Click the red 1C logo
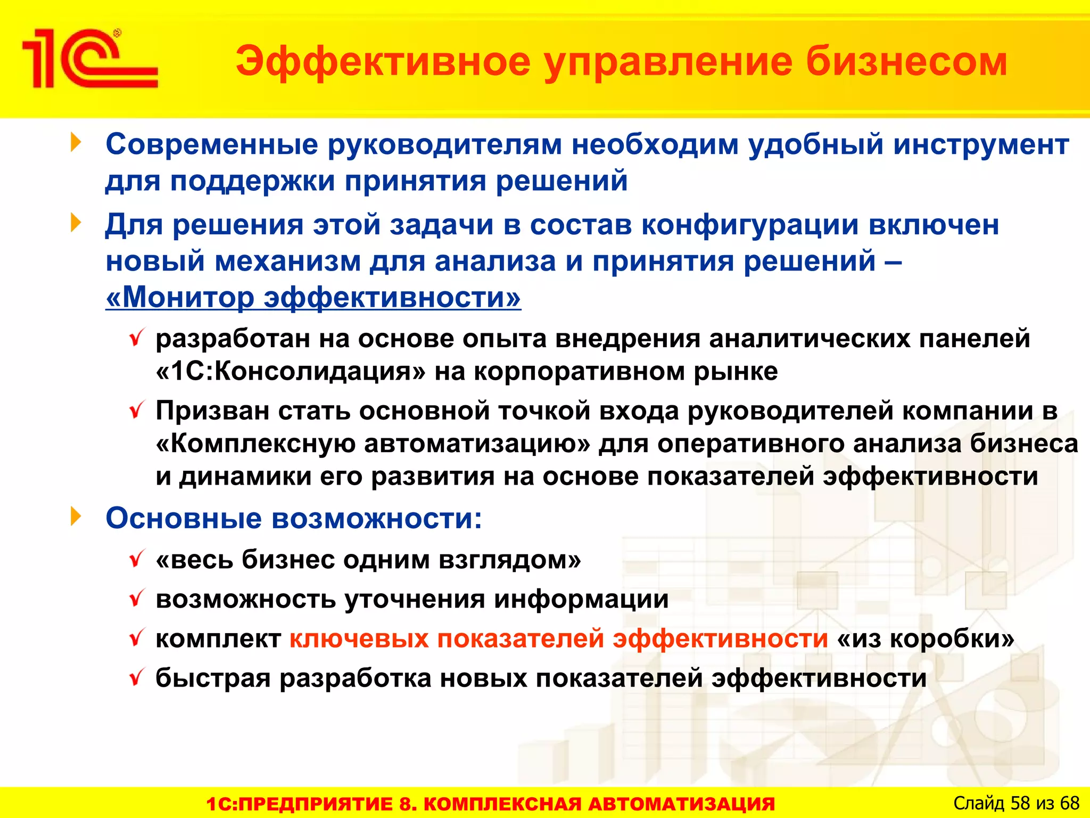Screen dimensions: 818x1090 click(89, 59)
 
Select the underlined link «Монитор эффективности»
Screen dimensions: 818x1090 click(313, 297)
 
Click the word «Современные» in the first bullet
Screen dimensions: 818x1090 click(212, 144)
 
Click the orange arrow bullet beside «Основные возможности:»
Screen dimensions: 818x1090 click(76, 517)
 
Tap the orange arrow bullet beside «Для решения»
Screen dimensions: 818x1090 click(76, 223)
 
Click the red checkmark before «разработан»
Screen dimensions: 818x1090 click(137, 338)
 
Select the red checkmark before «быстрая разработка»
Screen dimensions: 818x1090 click(137, 678)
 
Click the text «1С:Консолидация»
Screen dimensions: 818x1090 click(291, 371)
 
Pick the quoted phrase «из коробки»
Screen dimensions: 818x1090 click(926, 639)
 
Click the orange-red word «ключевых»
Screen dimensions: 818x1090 click(359, 639)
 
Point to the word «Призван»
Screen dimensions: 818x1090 click(212, 411)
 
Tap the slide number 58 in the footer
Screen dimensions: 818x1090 click(1020, 803)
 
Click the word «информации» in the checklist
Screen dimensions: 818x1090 click(581, 599)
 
